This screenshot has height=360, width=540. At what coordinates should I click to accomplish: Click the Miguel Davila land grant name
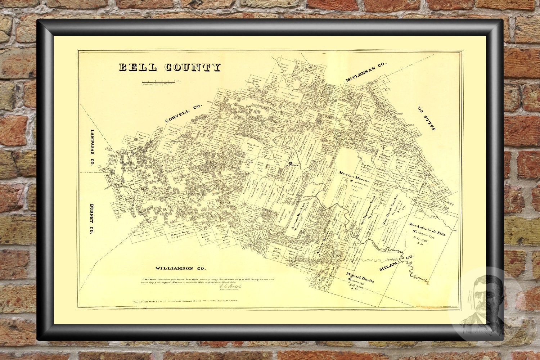[361, 277]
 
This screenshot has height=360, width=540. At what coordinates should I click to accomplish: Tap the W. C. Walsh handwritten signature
[229, 286]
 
